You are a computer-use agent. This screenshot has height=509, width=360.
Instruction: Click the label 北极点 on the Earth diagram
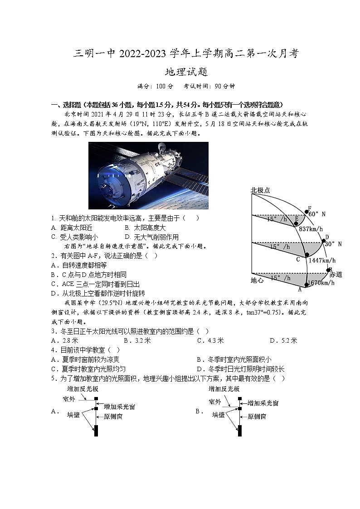point(260,191)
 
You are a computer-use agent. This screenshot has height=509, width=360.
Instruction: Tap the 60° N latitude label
point(317,214)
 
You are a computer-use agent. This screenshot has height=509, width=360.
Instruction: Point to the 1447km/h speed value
point(322,260)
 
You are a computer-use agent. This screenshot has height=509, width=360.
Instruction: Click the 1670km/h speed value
point(321,283)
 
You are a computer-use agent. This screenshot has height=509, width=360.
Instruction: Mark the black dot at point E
point(296,224)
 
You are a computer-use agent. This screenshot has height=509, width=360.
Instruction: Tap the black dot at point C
point(307,255)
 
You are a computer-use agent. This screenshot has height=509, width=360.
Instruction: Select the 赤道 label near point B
point(335,275)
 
